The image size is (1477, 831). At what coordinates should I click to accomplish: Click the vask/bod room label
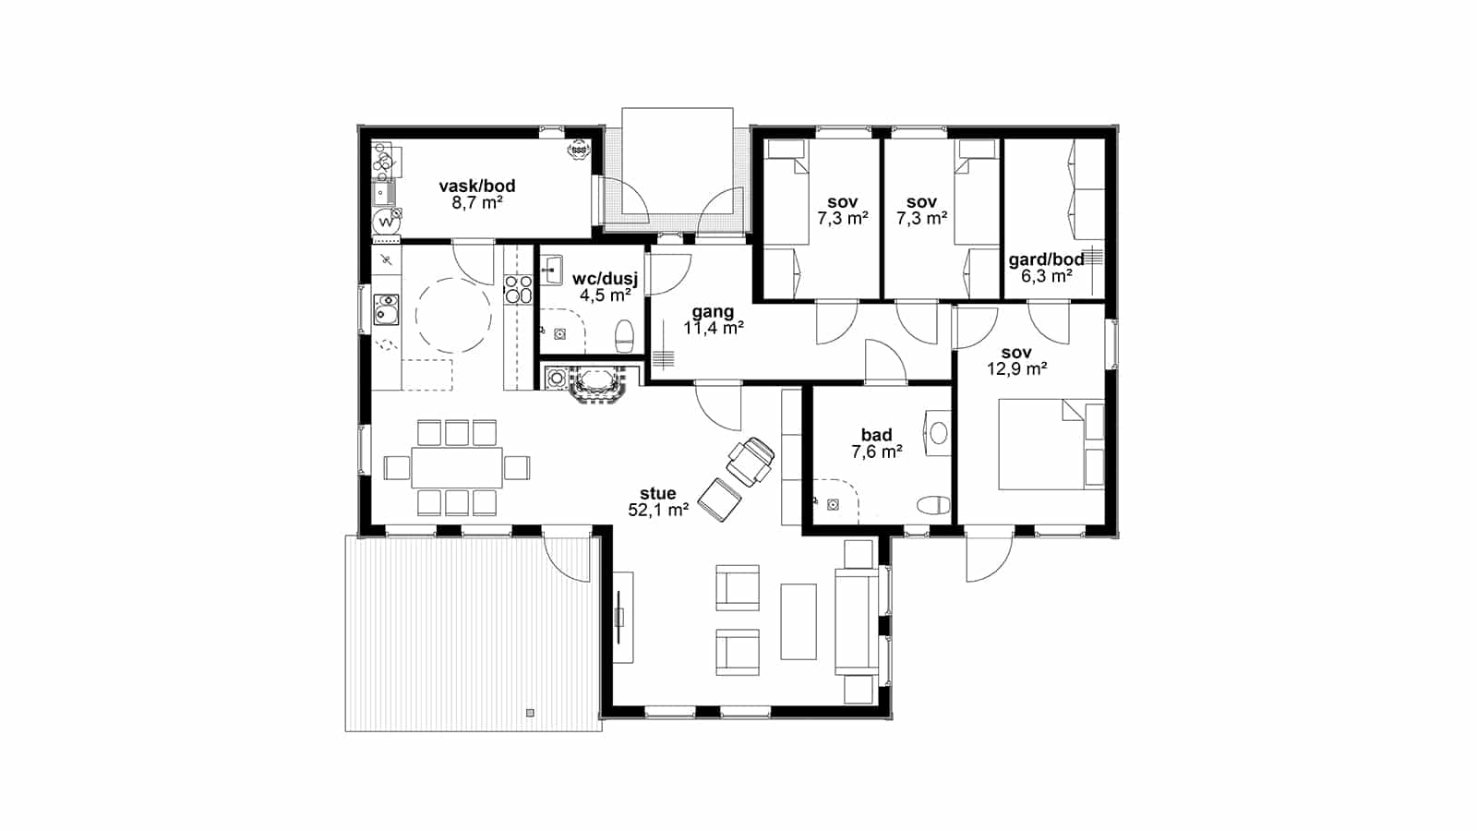(477, 186)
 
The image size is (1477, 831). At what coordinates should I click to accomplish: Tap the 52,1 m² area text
(658, 510)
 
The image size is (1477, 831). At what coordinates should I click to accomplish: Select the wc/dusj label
(606, 278)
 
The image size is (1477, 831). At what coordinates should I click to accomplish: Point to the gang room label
(713, 311)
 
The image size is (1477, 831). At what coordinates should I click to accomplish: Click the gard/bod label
(1047, 259)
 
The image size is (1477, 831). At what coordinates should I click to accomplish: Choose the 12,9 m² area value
(1016, 368)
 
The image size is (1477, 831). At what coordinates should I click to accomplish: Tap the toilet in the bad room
(933, 505)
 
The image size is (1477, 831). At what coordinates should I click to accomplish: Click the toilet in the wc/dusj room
(624, 336)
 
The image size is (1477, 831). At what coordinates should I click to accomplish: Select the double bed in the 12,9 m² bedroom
(1051, 444)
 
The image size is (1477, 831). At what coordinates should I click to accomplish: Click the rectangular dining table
(457, 467)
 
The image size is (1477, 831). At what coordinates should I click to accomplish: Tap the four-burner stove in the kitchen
(518, 290)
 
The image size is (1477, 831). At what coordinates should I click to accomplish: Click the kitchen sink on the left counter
(386, 310)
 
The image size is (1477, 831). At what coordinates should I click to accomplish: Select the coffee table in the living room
(799, 621)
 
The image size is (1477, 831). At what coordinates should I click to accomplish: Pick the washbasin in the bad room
(938, 433)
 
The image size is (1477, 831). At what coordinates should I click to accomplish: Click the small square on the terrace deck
(530, 713)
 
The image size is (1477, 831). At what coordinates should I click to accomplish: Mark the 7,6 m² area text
(876, 452)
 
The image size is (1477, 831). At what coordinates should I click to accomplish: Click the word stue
(658, 493)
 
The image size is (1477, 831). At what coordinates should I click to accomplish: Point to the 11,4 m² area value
(714, 328)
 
